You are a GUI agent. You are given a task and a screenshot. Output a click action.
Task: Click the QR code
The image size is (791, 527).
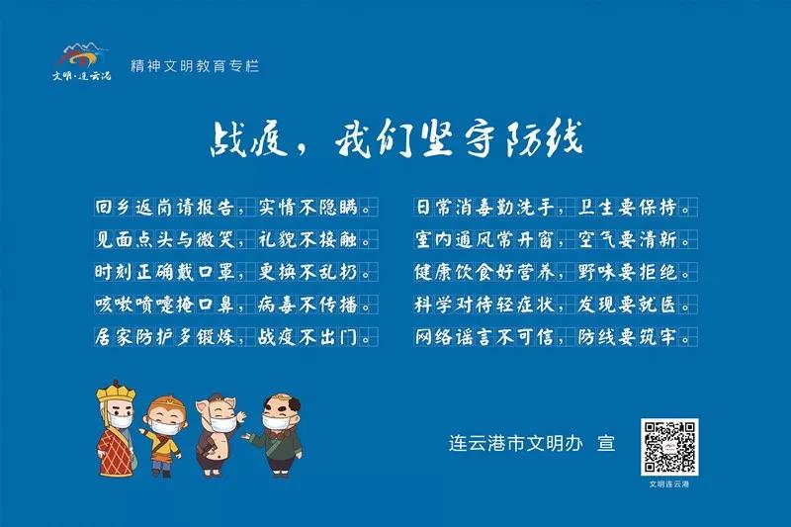click(x=669, y=447)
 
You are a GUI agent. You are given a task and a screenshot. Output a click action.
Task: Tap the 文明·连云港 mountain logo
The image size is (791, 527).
click(x=81, y=62)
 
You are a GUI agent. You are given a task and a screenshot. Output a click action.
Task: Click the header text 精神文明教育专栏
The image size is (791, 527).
click(x=195, y=66)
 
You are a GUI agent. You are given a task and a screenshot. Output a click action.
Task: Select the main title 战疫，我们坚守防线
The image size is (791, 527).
click(x=396, y=138)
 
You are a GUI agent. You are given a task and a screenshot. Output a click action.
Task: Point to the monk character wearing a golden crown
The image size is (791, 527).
click(x=116, y=429)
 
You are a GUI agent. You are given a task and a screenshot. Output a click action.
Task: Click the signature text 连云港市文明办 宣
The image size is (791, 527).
click(x=532, y=443)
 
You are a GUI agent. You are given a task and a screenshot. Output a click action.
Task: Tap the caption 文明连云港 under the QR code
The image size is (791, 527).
click(x=669, y=484)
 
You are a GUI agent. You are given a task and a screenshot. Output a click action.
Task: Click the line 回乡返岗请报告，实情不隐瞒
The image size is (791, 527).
click(x=234, y=208)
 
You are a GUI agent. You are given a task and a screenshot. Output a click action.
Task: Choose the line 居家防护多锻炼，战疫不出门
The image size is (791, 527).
click(x=234, y=337)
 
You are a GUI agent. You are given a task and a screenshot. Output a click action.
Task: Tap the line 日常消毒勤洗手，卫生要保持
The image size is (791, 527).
click(x=555, y=208)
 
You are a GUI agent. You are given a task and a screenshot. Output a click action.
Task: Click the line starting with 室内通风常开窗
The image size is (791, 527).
click(x=555, y=239)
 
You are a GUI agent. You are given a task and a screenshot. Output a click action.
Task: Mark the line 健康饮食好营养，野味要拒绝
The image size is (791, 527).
click(x=555, y=272)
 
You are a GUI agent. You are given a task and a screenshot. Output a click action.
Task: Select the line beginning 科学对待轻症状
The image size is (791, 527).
click(x=555, y=305)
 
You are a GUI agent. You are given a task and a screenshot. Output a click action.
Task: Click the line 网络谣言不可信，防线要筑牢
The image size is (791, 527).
click(x=555, y=337)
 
